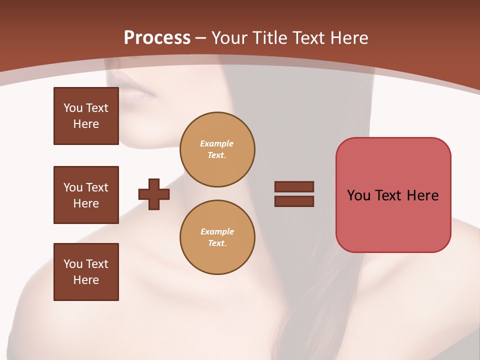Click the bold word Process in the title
157,38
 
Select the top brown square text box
86,116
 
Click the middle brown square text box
86,195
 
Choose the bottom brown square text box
86,272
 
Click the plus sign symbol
154,194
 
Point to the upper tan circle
217,149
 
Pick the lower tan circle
217,237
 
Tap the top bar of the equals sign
294,186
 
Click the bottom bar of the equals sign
294,201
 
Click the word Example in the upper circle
217,143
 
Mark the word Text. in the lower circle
217,243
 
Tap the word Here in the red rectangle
422,195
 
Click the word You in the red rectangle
359,195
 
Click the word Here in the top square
86,124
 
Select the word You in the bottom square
73,264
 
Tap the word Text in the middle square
97,187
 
